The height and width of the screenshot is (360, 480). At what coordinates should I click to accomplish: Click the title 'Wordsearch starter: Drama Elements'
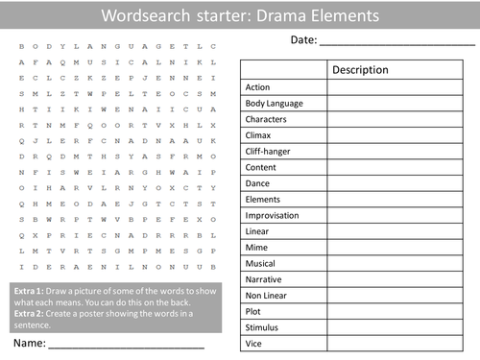240,16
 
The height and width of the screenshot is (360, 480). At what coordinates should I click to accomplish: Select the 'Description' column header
360,70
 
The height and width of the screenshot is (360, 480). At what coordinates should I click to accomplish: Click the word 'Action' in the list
257,87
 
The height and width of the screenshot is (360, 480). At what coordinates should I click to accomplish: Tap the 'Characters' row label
266,118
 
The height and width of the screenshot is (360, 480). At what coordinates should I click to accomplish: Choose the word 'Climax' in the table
259,134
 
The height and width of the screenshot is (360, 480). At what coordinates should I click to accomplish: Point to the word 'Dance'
258,182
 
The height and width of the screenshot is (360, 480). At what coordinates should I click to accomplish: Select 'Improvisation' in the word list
273,215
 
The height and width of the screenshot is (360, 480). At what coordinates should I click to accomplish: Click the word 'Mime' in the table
257,247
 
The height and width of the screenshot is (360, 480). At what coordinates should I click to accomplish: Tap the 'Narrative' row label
264,279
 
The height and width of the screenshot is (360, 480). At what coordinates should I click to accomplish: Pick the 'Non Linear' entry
266,296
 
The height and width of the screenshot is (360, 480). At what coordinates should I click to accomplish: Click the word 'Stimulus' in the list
263,327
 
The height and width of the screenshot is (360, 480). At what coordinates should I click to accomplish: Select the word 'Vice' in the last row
254,344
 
